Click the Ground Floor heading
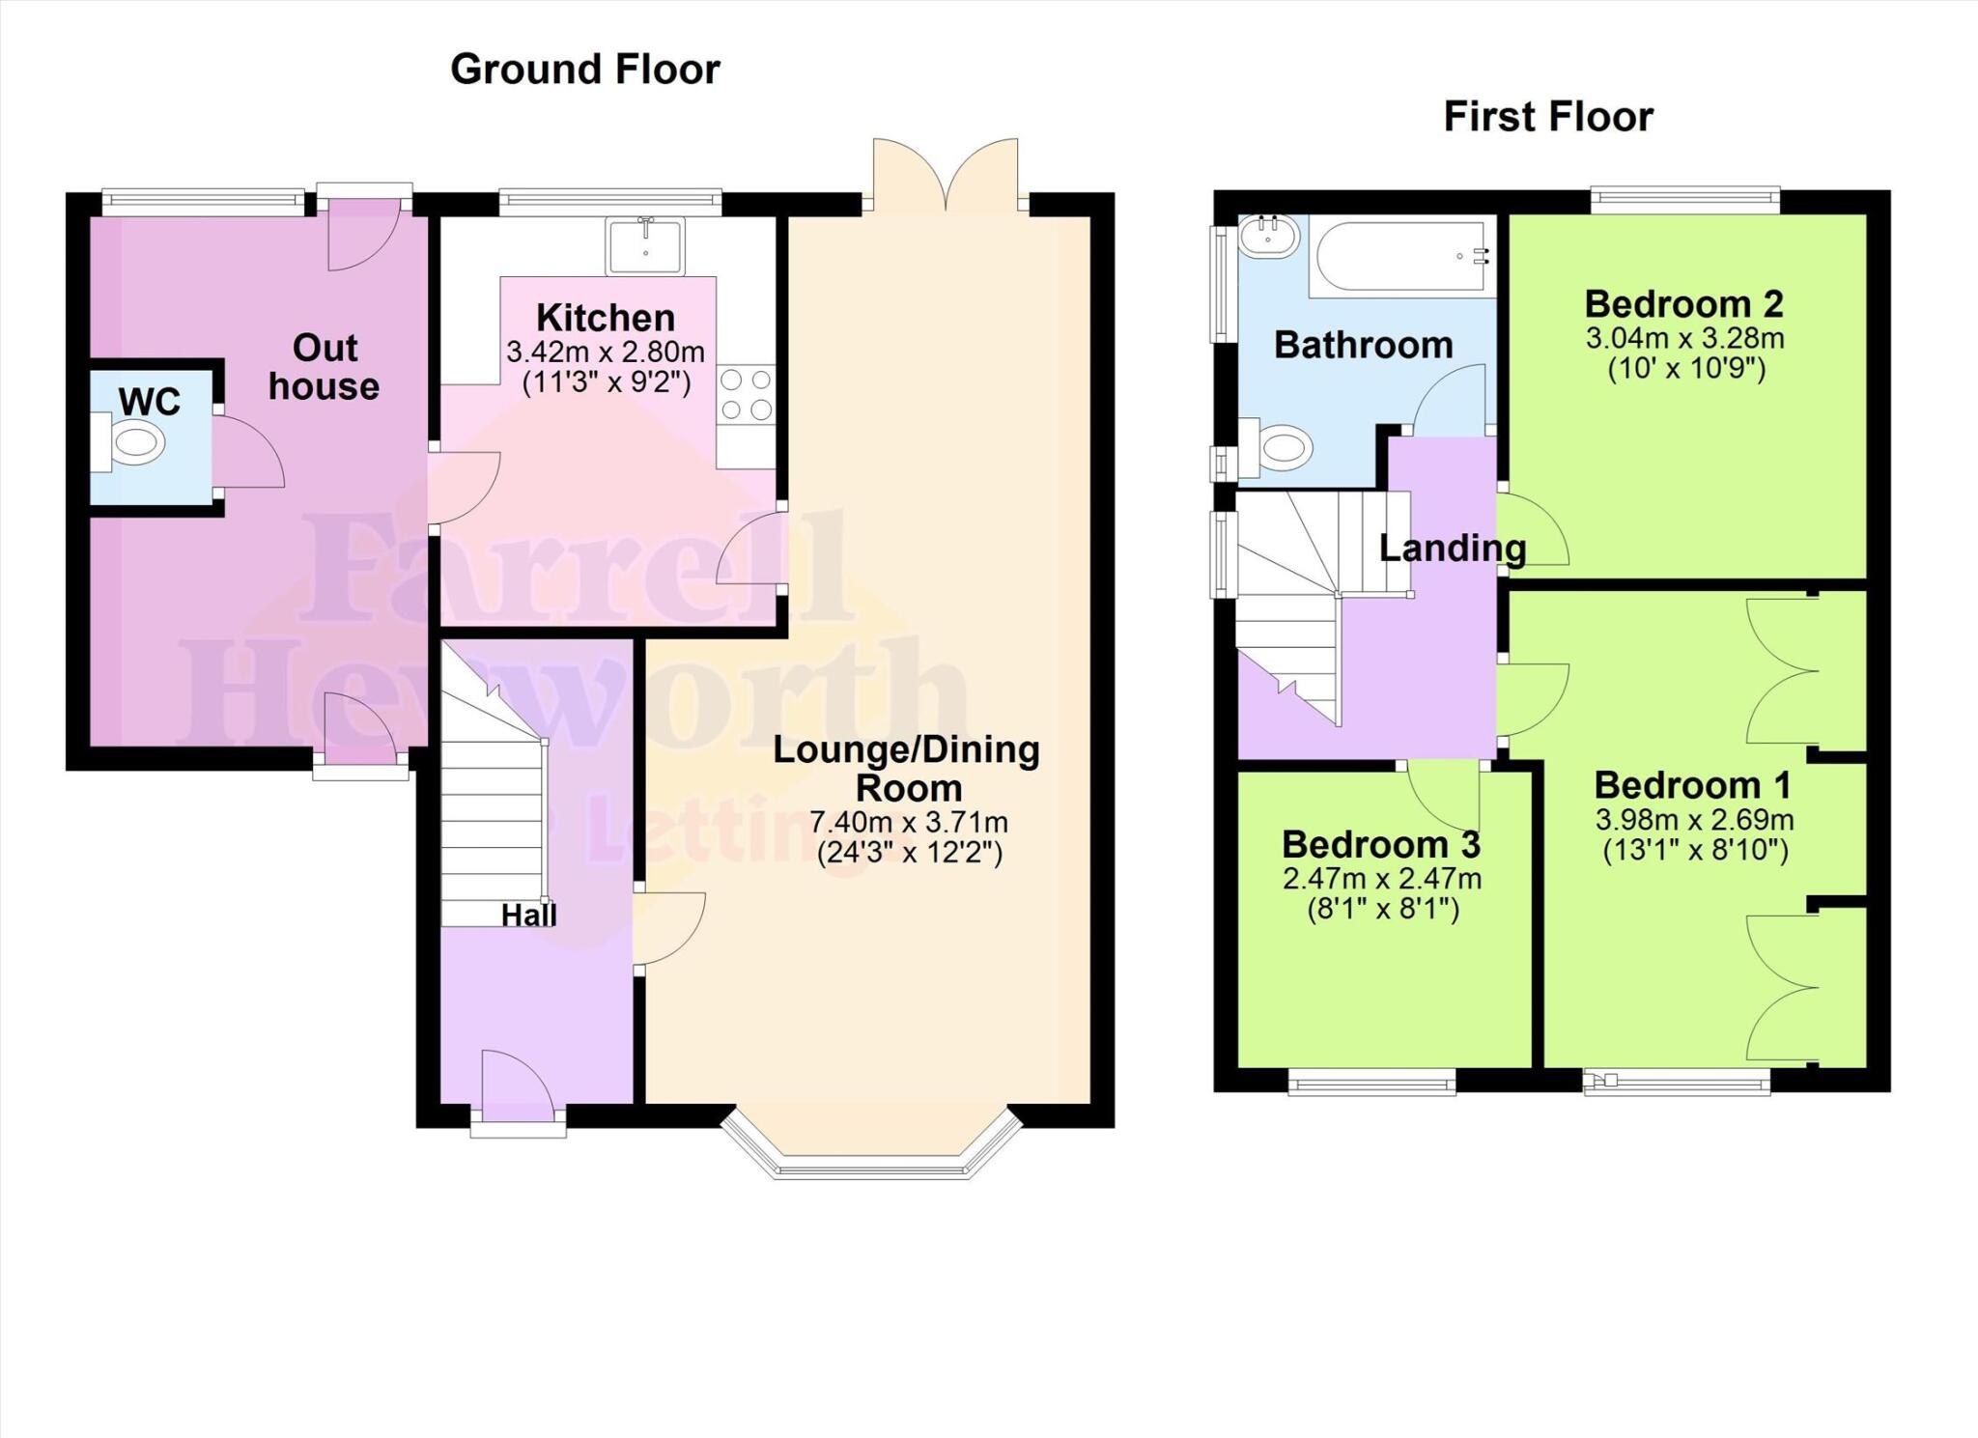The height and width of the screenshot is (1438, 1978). point(585,70)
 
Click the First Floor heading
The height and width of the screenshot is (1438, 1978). point(1547,117)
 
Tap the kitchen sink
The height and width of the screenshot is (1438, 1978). point(644,245)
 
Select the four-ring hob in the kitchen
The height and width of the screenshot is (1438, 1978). point(747,394)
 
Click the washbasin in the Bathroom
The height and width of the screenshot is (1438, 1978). point(1269,237)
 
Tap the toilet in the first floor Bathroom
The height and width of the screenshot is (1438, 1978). point(1280,449)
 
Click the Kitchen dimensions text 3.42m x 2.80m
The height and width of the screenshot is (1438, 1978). point(606,352)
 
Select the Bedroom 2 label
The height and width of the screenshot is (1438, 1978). point(1683,304)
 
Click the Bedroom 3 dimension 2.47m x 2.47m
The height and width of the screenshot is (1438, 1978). point(1381,879)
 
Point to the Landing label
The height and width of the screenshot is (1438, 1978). point(1452,549)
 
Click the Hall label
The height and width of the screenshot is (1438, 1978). point(528,915)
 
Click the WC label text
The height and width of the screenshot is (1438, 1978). point(150,402)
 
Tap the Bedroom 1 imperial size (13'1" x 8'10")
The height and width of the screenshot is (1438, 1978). point(1695,851)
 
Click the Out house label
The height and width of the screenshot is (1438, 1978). point(324,367)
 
